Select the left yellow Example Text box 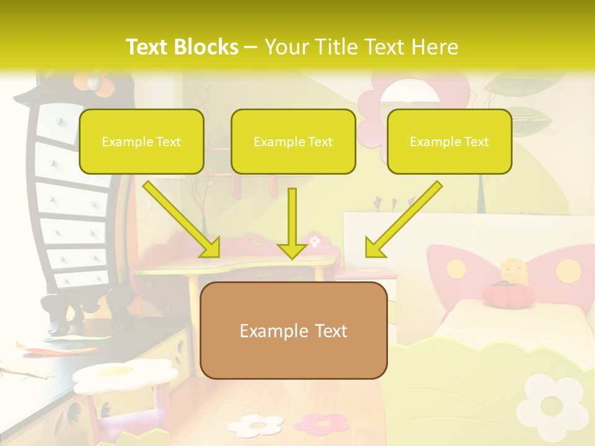click(x=141, y=141)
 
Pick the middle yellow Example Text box click(x=293, y=141)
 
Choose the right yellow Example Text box click(x=449, y=141)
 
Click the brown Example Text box click(x=294, y=330)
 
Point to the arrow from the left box click(x=181, y=219)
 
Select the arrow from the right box click(x=403, y=219)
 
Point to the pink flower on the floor click(x=322, y=423)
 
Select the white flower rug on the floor click(x=255, y=425)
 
